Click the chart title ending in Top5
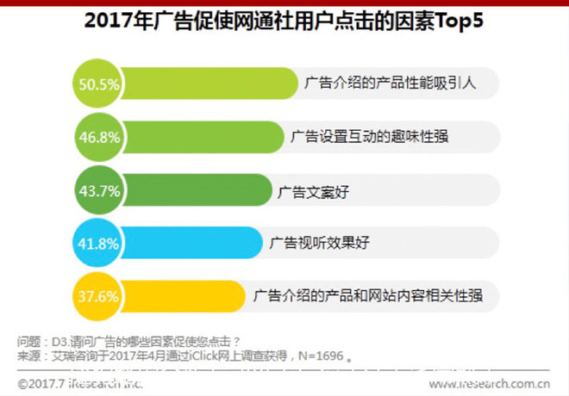coord(284,22)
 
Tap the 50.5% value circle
coord(97,84)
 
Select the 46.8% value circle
coord(97,138)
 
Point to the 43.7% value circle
coord(97,190)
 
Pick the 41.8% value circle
coord(97,244)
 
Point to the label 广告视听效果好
coord(320,244)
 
